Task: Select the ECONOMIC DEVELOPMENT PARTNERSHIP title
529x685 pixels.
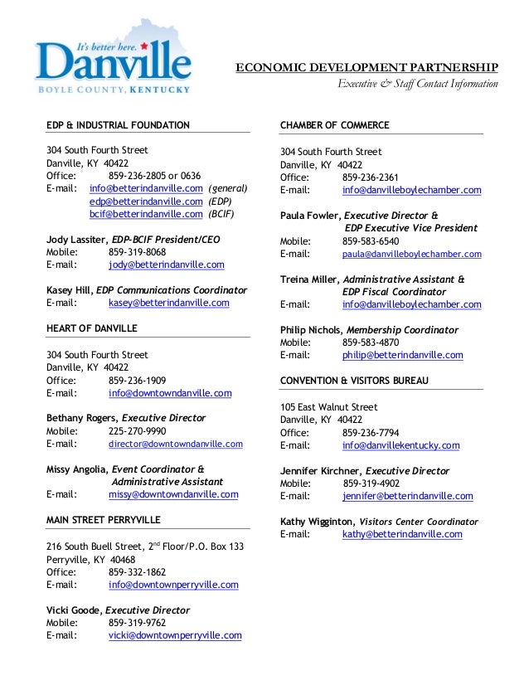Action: click(x=367, y=67)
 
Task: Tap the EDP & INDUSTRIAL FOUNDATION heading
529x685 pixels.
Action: click(x=118, y=125)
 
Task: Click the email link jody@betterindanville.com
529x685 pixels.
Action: click(x=166, y=265)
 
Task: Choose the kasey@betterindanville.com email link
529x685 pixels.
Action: click(x=168, y=304)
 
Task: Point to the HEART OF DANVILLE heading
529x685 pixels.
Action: click(x=92, y=329)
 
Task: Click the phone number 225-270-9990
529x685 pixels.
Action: click(x=137, y=431)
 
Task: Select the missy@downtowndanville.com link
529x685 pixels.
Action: click(x=173, y=494)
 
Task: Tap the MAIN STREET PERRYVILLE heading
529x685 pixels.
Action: click(x=104, y=520)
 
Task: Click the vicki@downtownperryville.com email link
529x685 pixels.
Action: click(x=175, y=635)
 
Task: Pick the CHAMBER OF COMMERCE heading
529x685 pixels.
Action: click(x=335, y=125)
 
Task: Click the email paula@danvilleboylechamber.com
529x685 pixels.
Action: click(x=411, y=254)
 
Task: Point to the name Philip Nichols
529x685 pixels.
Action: click(x=310, y=330)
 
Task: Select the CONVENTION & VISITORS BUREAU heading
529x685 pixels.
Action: click(x=354, y=380)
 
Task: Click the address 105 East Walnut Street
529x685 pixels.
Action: click(x=329, y=408)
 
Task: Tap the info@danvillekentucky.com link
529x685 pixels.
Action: click(x=400, y=445)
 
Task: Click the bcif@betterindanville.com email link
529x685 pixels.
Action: click(x=146, y=213)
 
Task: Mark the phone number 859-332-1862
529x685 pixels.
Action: click(x=137, y=571)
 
